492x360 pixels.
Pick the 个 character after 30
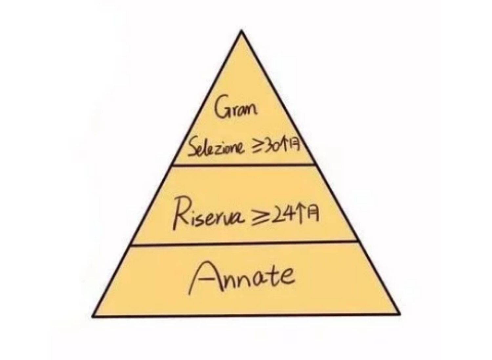pyautogui.click(x=285, y=147)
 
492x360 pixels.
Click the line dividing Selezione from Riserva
pyautogui.click(x=244, y=165)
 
